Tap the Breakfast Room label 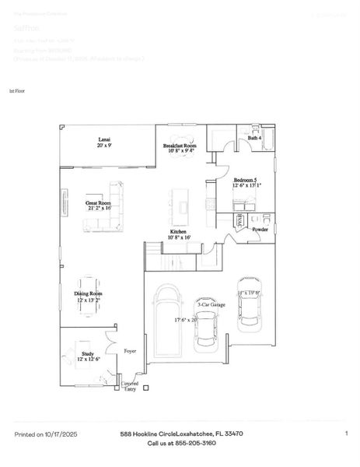[x=180, y=148]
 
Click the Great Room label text [x=99, y=205]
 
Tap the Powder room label [x=259, y=230]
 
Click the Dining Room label [x=89, y=296]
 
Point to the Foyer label [x=130, y=351]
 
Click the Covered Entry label [x=129, y=387]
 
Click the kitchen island [x=184, y=206]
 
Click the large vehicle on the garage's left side [x=166, y=314]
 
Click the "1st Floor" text [x=17, y=91]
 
